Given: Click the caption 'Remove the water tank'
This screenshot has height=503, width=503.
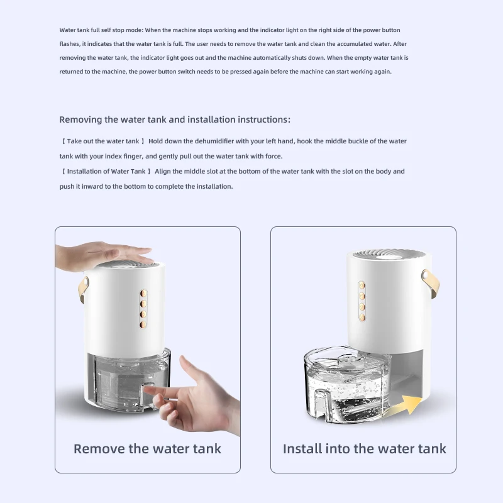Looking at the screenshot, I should [x=147, y=449].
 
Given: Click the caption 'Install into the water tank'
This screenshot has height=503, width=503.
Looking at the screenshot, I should [x=364, y=449].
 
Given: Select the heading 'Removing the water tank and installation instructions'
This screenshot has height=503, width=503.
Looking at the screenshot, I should [x=175, y=119].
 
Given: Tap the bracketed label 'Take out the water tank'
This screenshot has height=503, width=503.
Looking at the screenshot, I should [x=104, y=141].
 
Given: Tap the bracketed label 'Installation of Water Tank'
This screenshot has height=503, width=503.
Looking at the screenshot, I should [x=106, y=172].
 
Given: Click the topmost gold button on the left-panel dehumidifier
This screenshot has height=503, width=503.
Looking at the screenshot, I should [x=143, y=293].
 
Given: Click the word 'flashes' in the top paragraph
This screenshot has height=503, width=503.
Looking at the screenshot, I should [x=70, y=44].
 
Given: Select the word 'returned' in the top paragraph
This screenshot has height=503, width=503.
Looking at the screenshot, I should [x=72, y=72].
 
